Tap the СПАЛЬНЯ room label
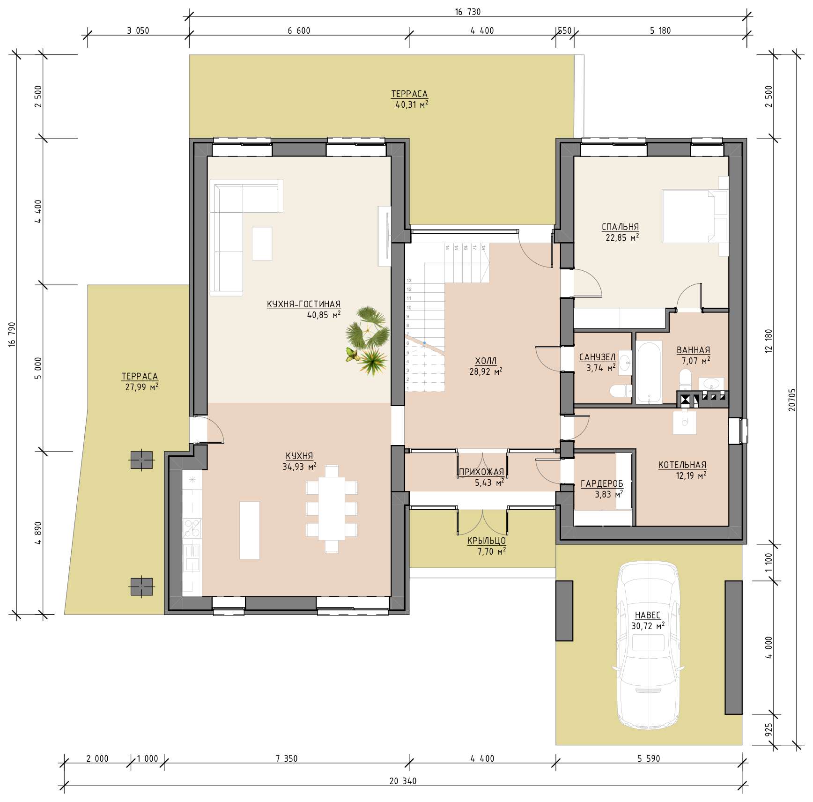620,227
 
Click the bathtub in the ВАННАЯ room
649,372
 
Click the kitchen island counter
250,530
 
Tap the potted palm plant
368,340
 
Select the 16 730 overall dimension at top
467,12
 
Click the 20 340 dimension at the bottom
403,781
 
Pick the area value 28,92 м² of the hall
486,371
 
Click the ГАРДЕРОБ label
602,484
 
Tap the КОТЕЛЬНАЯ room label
682,465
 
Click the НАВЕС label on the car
648,615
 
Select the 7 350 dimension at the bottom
287,758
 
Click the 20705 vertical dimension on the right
792,400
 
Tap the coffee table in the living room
262,244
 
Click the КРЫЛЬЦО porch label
487,541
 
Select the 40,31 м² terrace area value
412,104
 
